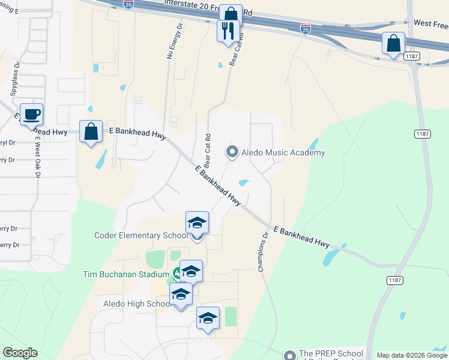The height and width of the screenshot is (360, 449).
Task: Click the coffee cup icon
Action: (x=31, y=113)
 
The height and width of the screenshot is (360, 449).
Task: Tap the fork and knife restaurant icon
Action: (x=228, y=31)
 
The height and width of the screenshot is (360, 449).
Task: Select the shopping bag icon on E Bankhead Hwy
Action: (x=91, y=132)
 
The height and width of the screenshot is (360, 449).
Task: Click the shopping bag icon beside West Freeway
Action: (x=393, y=43)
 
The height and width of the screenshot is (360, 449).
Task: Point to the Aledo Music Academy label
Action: (x=283, y=153)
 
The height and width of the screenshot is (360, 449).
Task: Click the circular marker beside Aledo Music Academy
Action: (x=232, y=152)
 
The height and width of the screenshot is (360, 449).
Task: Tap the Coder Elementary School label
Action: (x=142, y=235)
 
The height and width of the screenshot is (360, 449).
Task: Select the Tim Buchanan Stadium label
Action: (x=126, y=274)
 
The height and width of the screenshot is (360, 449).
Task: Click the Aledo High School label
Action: (x=138, y=304)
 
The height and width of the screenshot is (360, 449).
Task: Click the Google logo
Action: (x=20, y=353)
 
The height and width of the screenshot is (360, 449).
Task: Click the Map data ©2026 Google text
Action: (x=412, y=355)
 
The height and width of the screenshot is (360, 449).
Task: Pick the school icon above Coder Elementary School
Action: (x=197, y=223)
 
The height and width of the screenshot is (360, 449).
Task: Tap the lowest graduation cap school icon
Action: (x=208, y=318)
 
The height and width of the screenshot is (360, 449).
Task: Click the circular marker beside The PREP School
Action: (x=290, y=355)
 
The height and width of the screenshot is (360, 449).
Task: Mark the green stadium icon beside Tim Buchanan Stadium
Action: (x=176, y=274)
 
